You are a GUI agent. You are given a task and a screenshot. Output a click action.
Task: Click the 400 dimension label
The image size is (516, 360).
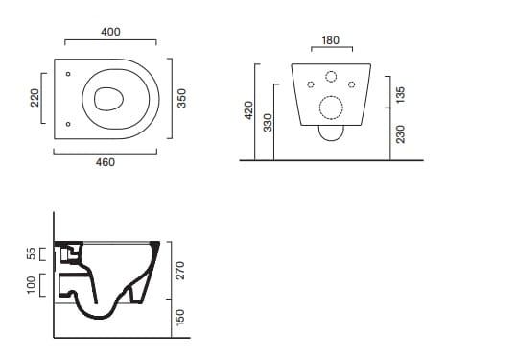(x=110, y=32)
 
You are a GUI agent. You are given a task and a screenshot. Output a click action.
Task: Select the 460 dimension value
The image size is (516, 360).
(x=106, y=162)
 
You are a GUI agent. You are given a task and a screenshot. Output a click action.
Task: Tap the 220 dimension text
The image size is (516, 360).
(x=35, y=98)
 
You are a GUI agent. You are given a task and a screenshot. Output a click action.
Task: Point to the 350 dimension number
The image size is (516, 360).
(x=181, y=98)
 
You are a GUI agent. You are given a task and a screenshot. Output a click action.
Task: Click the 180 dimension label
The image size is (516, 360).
(x=330, y=40)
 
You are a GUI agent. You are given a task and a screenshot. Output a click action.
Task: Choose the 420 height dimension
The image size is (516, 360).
(x=248, y=110)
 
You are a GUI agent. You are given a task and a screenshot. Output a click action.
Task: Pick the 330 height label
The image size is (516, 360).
(x=269, y=123)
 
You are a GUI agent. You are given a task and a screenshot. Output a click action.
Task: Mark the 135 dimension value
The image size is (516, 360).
(x=400, y=95)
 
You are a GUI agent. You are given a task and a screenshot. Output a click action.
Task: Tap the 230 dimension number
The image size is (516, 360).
(x=401, y=134)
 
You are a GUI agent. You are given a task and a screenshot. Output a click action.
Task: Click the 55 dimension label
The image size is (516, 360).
(x=32, y=253)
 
